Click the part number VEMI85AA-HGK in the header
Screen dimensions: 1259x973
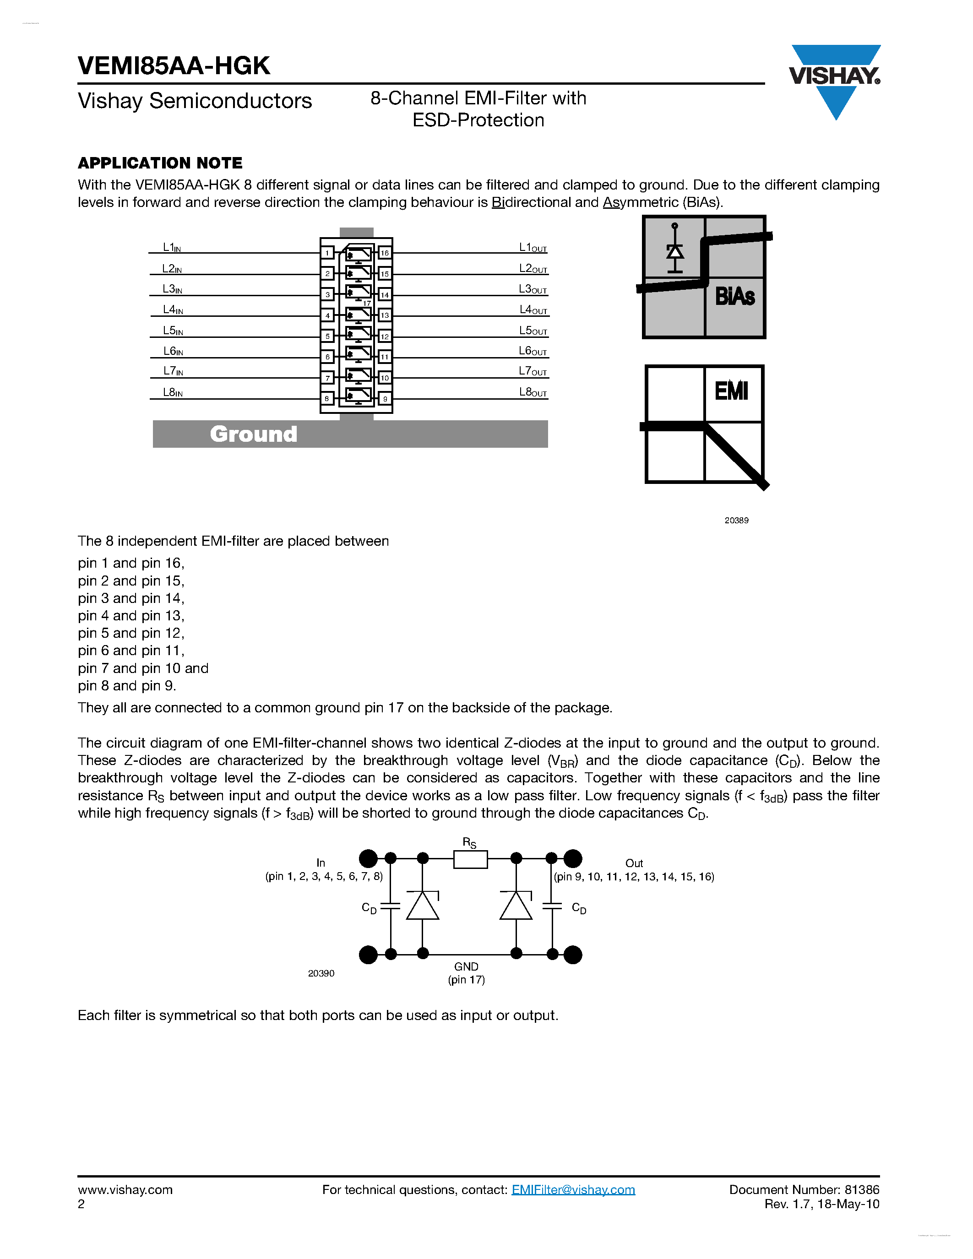point(174,66)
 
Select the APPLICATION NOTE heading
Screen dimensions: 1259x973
point(160,163)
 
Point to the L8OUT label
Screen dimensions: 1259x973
point(533,392)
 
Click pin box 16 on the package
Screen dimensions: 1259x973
point(385,253)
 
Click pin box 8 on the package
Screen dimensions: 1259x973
point(327,398)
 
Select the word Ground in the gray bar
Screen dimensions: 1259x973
point(253,434)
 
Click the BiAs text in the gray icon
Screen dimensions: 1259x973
point(734,296)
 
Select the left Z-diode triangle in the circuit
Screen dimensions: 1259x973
point(423,906)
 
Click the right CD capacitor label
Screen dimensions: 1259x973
point(579,908)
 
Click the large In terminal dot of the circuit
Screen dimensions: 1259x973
point(368,859)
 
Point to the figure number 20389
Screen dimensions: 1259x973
point(736,521)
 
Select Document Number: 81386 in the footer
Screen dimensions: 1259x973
point(804,1190)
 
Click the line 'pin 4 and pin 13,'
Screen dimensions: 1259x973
point(131,616)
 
